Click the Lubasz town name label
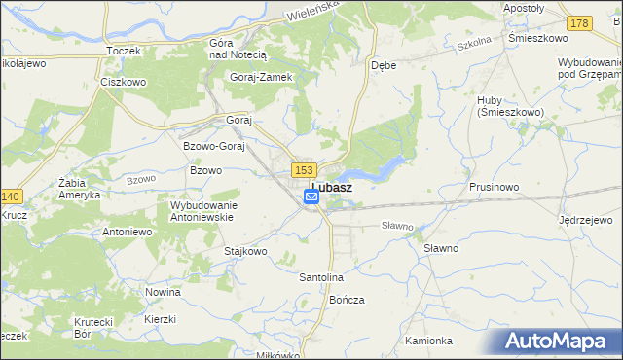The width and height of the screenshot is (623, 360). pos(332,185)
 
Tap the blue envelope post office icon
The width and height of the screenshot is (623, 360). pos(311,197)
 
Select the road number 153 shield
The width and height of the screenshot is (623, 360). pos(300,169)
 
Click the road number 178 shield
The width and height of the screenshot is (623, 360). pos(580,23)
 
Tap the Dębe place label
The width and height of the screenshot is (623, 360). pos(383,66)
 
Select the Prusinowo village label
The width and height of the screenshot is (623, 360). pos(494,186)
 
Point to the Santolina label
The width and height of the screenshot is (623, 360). pos(321,277)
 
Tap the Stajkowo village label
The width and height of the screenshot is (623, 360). pos(245,251)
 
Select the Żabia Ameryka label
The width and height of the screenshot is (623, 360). pos(79,188)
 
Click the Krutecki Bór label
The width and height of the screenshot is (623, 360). pos(95,328)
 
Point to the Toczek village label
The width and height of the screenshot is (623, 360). pos(124,50)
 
